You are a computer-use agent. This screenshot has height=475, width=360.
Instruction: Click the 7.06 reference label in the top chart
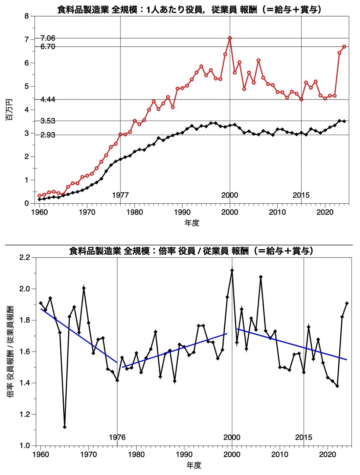[48, 38]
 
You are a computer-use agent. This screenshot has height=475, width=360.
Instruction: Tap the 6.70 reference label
[48, 47]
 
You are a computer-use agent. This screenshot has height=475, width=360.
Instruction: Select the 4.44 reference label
[48, 99]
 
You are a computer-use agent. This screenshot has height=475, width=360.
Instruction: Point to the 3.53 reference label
[48, 121]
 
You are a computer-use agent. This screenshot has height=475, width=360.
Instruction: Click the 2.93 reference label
[48, 135]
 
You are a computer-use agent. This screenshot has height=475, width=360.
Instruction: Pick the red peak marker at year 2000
[230, 38]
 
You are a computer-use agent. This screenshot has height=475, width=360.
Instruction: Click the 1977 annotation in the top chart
[120, 195]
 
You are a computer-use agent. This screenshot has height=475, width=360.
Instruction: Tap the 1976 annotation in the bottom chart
[117, 437]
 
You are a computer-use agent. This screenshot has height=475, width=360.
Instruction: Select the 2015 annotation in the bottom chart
[303, 437]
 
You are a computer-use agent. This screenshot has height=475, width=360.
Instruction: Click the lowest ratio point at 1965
[65, 427]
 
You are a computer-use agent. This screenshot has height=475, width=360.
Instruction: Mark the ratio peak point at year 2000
[232, 270]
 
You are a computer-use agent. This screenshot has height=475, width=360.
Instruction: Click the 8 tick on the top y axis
[27, 16]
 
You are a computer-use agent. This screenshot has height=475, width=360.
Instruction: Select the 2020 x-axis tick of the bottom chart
[327, 454]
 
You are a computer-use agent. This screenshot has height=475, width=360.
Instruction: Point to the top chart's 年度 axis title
[192, 223]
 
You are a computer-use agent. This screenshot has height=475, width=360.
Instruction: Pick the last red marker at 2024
[344, 47]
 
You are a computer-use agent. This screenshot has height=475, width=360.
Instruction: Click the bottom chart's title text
[192, 251]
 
